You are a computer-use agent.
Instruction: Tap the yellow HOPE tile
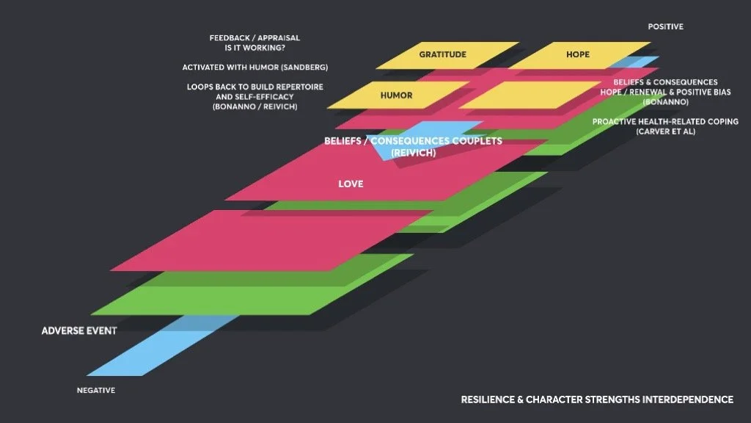click(577, 55)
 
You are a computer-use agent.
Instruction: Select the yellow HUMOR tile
click(396, 95)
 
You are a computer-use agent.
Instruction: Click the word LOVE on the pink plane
click(351, 184)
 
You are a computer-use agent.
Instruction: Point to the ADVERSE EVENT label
click(79, 330)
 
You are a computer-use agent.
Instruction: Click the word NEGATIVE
click(96, 391)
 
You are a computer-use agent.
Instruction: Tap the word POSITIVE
click(665, 27)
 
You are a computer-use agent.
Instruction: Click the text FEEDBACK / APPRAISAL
click(254, 37)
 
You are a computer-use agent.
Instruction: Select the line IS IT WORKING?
click(254, 48)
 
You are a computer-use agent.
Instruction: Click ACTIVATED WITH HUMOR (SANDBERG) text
click(255, 68)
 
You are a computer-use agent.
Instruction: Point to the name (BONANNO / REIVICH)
click(255, 107)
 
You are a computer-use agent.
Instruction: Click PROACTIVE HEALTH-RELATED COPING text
click(665, 122)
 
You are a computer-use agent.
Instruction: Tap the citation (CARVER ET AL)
click(665, 132)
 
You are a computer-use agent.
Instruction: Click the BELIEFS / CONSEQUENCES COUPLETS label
click(413, 141)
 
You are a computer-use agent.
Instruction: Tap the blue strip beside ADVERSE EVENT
click(147, 352)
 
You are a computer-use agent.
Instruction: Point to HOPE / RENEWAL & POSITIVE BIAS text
click(665, 92)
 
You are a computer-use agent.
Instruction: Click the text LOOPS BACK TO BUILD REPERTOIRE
click(255, 87)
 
